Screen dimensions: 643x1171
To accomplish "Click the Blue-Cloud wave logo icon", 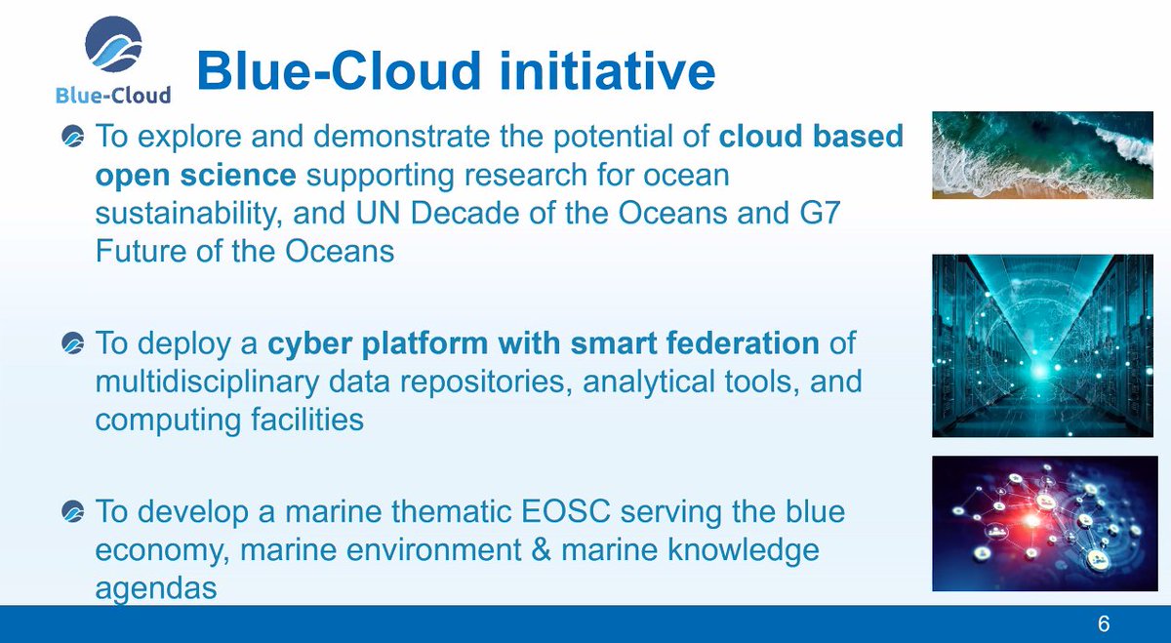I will (113, 46).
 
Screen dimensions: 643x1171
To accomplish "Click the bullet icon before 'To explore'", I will (72, 138).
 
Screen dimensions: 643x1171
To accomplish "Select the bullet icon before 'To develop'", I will (72, 512).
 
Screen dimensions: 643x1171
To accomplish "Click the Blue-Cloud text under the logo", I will (113, 94).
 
